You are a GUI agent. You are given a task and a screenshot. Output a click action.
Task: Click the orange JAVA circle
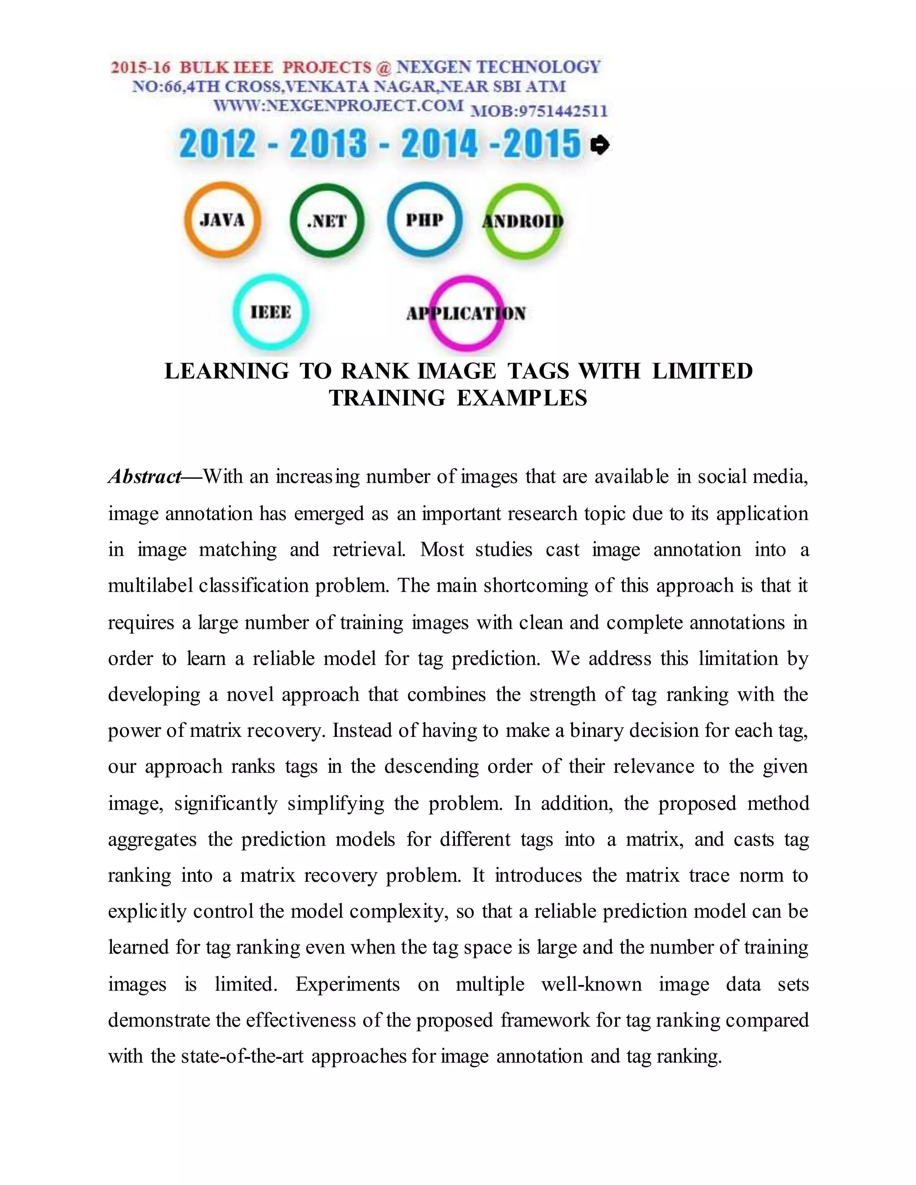222,220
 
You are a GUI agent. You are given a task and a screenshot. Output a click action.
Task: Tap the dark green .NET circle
327,221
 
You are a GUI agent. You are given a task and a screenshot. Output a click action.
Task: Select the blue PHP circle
425,219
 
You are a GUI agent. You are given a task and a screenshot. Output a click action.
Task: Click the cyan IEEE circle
271,312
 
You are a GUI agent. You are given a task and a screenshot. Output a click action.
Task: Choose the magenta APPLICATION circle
466,313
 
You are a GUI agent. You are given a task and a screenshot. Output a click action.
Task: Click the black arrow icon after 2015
600,145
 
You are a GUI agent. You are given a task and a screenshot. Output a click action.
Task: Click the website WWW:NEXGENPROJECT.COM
338,105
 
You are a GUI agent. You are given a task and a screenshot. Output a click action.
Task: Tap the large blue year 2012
217,144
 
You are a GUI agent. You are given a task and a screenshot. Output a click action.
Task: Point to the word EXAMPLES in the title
522,398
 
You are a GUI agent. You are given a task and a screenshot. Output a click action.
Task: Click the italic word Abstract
144,476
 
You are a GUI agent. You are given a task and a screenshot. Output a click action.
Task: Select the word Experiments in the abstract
347,984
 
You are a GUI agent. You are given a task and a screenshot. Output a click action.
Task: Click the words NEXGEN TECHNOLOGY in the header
498,67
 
